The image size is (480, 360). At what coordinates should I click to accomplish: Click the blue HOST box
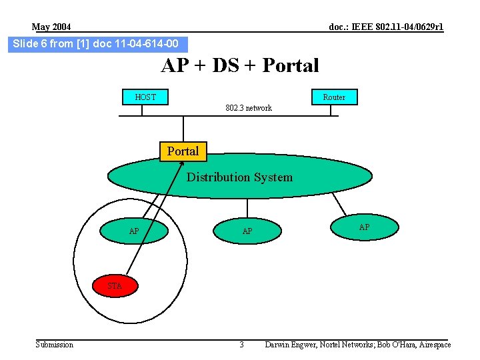pyautogui.click(x=145, y=97)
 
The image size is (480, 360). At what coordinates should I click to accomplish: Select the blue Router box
pyautogui.click(x=334, y=97)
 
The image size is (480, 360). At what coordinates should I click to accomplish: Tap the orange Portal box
pyautogui.click(x=183, y=151)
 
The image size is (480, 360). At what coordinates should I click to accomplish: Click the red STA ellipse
pyautogui.click(x=114, y=285)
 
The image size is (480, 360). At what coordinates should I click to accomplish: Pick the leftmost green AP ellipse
pyautogui.click(x=134, y=231)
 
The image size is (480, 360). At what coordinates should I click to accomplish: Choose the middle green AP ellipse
pyautogui.click(x=247, y=231)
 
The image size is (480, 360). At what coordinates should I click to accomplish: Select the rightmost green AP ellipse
pyautogui.click(x=364, y=227)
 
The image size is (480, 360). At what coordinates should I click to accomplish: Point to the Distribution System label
pyautogui.click(x=239, y=177)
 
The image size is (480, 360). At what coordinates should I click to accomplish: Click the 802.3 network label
pyautogui.click(x=248, y=108)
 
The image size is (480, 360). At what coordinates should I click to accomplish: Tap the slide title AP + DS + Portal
pyautogui.click(x=240, y=65)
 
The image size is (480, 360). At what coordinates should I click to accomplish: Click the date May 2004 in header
pyautogui.click(x=51, y=27)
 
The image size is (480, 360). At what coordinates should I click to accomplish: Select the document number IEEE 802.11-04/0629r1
pyautogui.click(x=386, y=27)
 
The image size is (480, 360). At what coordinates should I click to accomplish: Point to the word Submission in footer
pyautogui.click(x=55, y=345)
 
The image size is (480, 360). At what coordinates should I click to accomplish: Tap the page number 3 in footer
pyautogui.click(x=241, y=345)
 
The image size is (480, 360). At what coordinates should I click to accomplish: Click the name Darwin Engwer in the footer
pyautogui.click(x=291, y=345)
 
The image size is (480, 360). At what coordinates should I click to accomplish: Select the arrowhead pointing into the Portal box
pyautogui.click(x=183, y=164)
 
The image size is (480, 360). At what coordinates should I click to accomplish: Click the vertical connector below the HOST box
pyautogui.click(x=142, y=110)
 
